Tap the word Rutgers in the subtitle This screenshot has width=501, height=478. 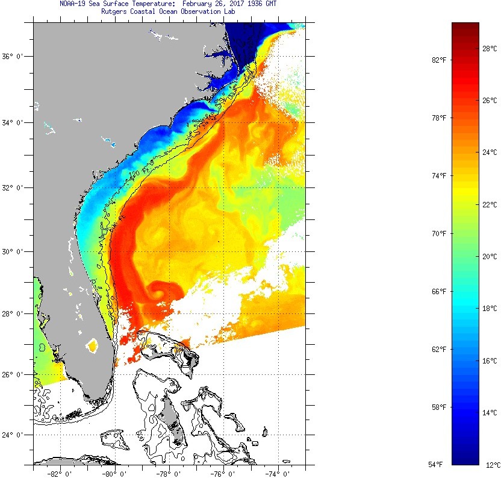click(117, 12)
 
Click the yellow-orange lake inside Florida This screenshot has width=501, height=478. click(92, 346)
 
